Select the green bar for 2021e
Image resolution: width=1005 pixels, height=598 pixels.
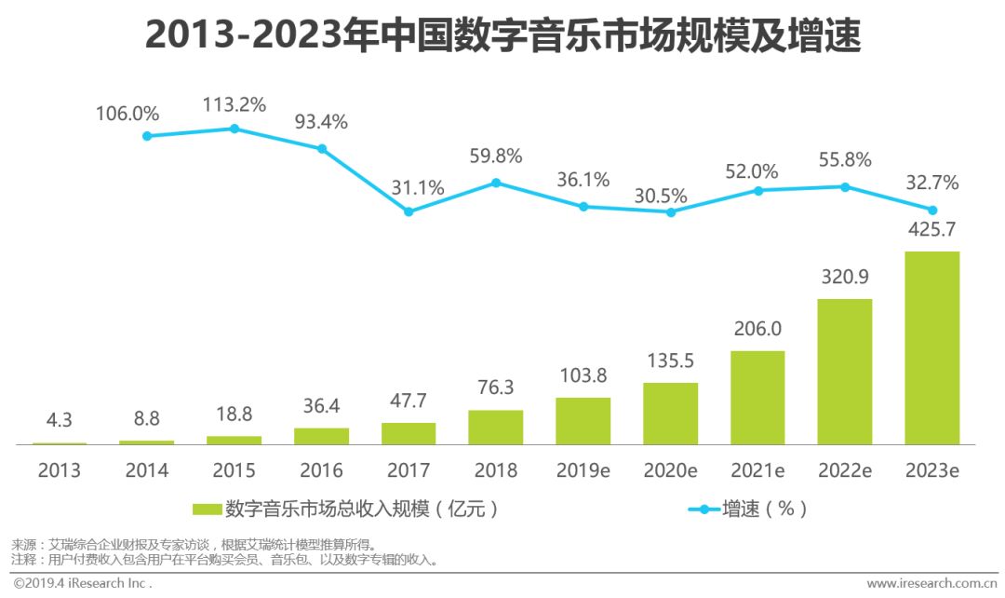(757, 398)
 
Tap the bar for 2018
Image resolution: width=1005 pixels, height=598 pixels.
(495, 428)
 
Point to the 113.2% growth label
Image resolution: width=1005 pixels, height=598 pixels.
(234, 103)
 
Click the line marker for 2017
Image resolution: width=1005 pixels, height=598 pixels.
(409, 211)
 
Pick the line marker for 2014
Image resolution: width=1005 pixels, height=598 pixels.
(147, 136)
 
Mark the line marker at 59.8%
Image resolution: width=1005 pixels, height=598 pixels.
(496, 183)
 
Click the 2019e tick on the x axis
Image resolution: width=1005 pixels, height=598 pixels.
(583, 470)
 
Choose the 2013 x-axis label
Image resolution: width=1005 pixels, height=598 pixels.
(60, 470)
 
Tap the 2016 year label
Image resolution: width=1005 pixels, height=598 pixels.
(321, 470)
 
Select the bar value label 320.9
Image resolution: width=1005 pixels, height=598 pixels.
(844, 277)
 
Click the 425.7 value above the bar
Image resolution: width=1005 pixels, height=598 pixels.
(931, 229)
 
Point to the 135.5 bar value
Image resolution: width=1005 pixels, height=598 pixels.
(670, 360)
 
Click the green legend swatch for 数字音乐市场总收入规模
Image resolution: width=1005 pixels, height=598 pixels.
(207, 510)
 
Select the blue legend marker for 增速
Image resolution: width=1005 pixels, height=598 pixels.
(704, 510)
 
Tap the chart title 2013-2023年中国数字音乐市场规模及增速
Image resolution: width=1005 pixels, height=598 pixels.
(502, 36)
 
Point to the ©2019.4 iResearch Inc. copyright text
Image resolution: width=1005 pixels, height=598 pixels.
(82, 584)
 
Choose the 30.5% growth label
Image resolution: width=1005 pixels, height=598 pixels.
(661, 196)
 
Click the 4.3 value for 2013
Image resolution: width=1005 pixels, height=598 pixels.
(60, 421)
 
